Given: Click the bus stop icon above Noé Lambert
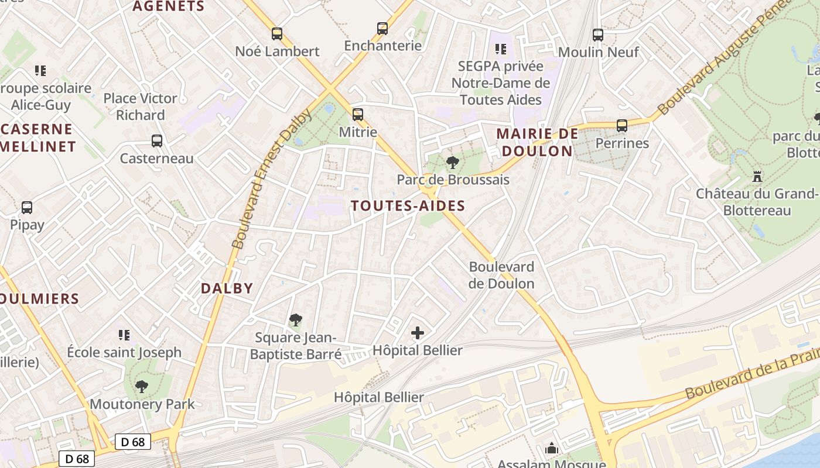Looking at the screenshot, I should (x=277, y=34).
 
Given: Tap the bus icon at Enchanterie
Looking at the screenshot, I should (x=382, y=28).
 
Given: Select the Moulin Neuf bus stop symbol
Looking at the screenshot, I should (x=597, y=35).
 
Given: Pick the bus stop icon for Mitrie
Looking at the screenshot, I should (x=358, y=115).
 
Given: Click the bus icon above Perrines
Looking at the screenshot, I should (x=622, y=125).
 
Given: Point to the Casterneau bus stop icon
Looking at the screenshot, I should (x=157, y=140).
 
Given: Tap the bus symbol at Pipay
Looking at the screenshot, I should (x=27, y=207).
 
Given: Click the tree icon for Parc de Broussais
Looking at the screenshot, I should (x=452, y=162).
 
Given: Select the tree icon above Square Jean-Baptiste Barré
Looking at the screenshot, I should (x=296, y=320).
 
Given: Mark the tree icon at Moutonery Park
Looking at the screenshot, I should (x=141, y=386).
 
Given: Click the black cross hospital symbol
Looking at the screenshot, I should (x=418, y=333).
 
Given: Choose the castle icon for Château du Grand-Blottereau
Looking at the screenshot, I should (x=757, y=175).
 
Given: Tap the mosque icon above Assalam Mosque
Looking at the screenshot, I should (x=551, y=449).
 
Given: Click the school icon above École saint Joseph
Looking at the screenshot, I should (x=124, y=335).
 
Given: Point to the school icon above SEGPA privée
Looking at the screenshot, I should (x=500, y=49).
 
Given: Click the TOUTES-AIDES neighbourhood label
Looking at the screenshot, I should (x=408, y=205).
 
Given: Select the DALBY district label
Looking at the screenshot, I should (x=227, y=288).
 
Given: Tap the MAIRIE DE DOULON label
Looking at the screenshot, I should (x=534, y=142).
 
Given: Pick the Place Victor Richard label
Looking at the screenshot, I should (x=140, y=106).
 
